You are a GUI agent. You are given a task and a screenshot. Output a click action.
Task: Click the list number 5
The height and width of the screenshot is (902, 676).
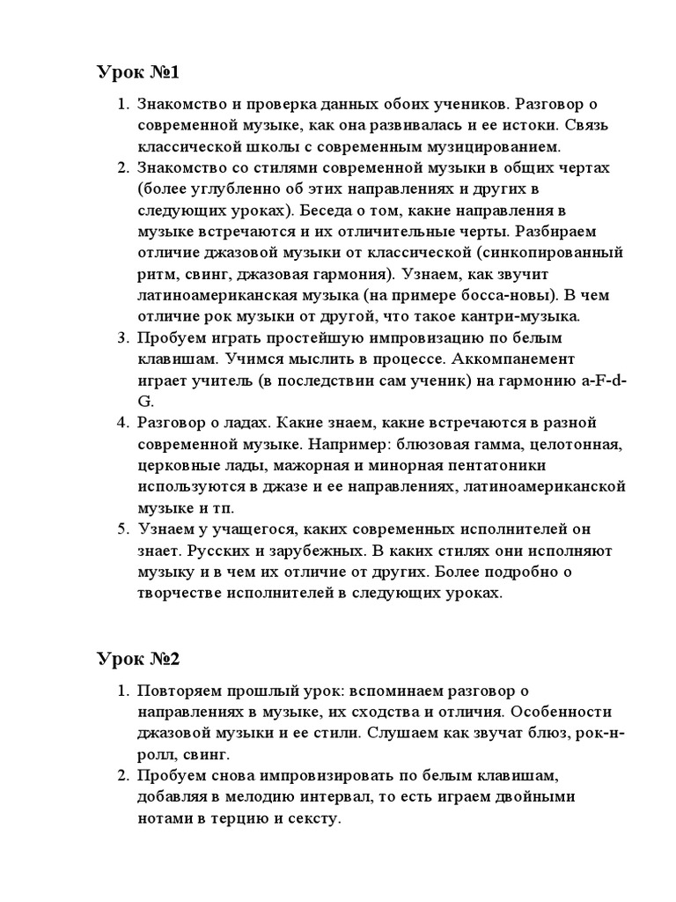(x=122, y=529)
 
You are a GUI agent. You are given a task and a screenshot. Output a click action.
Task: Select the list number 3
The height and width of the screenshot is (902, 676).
(x=122, y=337)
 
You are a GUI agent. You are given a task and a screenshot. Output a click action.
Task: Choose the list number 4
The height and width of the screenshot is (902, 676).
(x=122, y=422)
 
